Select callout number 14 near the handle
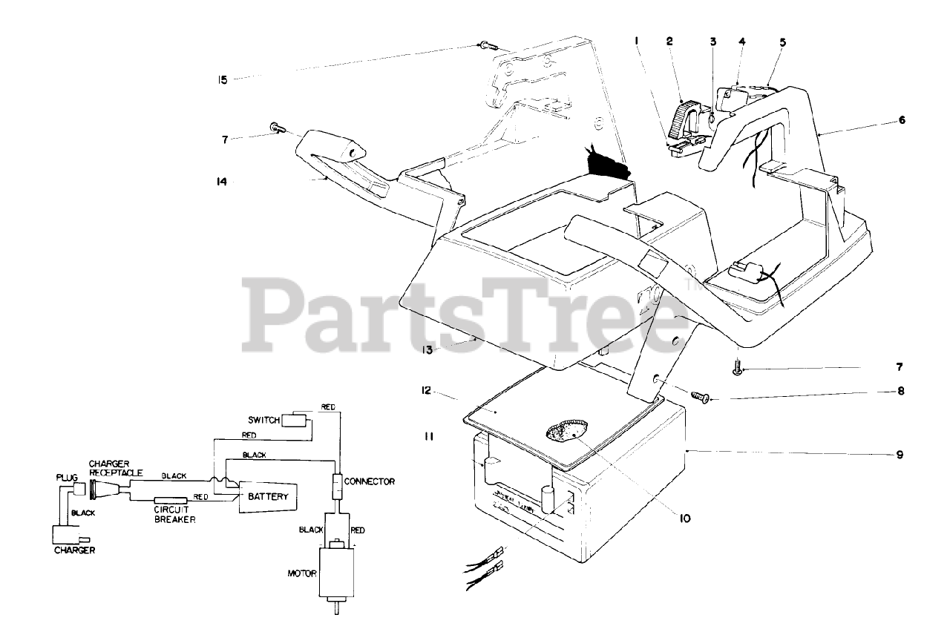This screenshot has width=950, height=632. point(222,180)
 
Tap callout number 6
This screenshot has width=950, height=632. point(902,119)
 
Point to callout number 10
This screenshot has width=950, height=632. point(684,519)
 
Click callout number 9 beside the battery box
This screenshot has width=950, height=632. point(900,455)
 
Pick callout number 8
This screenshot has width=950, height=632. point(900,391)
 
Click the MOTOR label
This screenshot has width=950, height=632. point(302,573)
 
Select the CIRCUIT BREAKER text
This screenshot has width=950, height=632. point(174,515)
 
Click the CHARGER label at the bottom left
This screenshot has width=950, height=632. point(74,550)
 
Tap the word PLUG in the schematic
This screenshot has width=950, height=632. point(67,478)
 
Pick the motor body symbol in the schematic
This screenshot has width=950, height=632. point(338,572)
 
